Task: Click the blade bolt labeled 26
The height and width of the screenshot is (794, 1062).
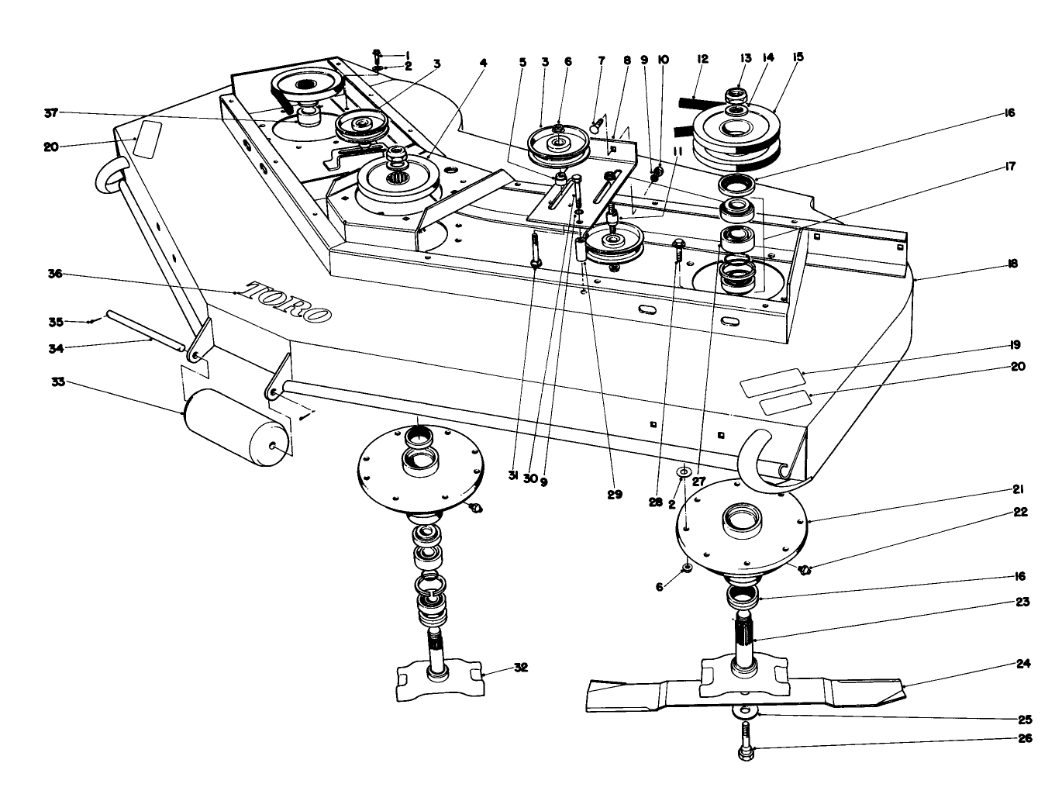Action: (x=746, y=740)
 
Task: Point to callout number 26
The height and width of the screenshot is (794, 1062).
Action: (x=1024, y=738)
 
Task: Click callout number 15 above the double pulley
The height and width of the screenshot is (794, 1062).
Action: (x=798, y=57)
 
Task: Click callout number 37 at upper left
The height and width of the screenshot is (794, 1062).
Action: (x=51, y=113)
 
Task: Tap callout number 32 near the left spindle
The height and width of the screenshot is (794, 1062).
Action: (x=521, y=667)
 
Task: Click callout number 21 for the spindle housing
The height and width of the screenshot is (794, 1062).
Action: (x=1019, y=489)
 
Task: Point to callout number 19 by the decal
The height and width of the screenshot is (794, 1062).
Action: (x=1015, y=344)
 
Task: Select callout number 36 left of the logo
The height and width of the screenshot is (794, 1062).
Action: (x=55, y=274)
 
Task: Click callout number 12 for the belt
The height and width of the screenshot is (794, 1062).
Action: (x=703, y=59)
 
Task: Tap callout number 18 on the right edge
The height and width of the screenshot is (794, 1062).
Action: (x=1013, y=264)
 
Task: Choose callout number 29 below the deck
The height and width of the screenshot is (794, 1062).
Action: (x=615, y=494)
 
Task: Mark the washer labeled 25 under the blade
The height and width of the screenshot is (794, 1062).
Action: (x=746, y=711)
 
